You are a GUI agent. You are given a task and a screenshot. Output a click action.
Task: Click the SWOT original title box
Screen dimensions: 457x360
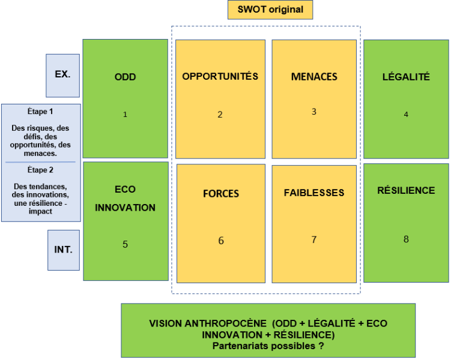[270, 10]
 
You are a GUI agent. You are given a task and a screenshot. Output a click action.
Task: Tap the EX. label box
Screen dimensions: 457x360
[62, 76]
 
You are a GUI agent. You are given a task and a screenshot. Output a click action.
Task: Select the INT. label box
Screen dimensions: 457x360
[64, 250]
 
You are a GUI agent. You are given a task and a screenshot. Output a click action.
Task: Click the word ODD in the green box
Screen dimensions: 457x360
[126, 77]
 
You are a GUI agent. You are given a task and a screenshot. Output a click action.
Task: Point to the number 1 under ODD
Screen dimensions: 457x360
[125, 115]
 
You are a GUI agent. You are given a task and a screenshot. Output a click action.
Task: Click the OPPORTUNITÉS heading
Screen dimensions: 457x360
[220, 76]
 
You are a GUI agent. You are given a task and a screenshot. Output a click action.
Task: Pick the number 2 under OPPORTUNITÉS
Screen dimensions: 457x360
[220, 115]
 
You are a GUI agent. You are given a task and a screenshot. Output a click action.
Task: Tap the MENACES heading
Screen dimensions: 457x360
[314, 77]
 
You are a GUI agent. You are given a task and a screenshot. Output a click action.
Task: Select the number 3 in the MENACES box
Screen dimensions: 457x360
[314, 112]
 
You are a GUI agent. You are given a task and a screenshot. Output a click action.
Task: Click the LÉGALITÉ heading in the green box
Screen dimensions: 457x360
[406, 77]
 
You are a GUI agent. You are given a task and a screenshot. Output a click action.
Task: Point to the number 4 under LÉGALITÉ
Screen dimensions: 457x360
[406, 115]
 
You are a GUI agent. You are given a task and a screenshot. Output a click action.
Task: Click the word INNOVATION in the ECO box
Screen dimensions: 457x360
[126, 208]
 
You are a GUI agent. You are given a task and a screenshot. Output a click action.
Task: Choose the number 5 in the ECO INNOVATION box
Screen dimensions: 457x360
[125, 244]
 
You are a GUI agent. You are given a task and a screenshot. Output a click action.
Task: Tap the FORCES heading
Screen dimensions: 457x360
[221, 194]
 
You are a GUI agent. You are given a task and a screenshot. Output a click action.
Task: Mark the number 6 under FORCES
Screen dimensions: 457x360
[221, 241]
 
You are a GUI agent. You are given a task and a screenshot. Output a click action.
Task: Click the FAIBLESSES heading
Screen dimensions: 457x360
[314, 193]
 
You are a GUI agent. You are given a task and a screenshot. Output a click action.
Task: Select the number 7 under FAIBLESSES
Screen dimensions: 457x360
[314, 239]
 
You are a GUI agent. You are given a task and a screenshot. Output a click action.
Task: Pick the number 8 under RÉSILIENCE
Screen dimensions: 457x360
[406, 239]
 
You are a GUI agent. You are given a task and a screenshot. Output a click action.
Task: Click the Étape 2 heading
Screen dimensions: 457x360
[40, 170]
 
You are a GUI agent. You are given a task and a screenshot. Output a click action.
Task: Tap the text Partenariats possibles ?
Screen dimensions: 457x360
[268, 346]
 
